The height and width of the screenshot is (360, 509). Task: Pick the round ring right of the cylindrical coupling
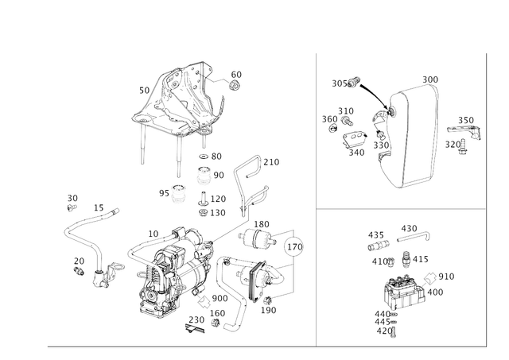[295, 247]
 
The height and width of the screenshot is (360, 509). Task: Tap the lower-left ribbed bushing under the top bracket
[177, 193]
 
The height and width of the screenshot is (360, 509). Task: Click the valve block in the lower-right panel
[406, 290]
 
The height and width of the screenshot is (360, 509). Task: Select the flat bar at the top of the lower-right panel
[414, 232]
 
